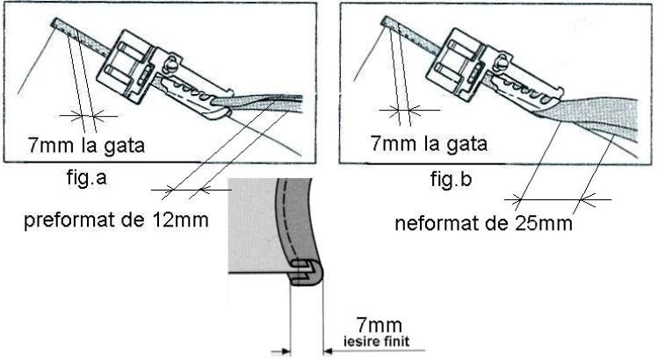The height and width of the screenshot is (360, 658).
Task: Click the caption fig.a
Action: (86, 177)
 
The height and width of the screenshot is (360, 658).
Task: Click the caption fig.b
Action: (451, 179)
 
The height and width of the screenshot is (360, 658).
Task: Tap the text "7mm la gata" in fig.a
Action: (86, 146)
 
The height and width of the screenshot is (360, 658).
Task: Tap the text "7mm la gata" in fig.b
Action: (429, 144)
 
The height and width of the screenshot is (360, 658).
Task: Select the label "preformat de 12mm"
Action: (116, 220)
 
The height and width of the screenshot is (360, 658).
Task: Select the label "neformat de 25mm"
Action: (483, 223)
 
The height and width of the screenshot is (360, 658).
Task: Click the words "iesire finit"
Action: (376, 341)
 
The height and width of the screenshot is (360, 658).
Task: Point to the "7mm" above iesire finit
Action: (379, 325)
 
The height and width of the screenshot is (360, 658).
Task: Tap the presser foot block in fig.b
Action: (456, 64)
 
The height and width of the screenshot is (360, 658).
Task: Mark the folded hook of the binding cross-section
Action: (307, 273)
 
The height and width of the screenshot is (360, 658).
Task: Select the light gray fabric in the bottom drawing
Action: (252, 226)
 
